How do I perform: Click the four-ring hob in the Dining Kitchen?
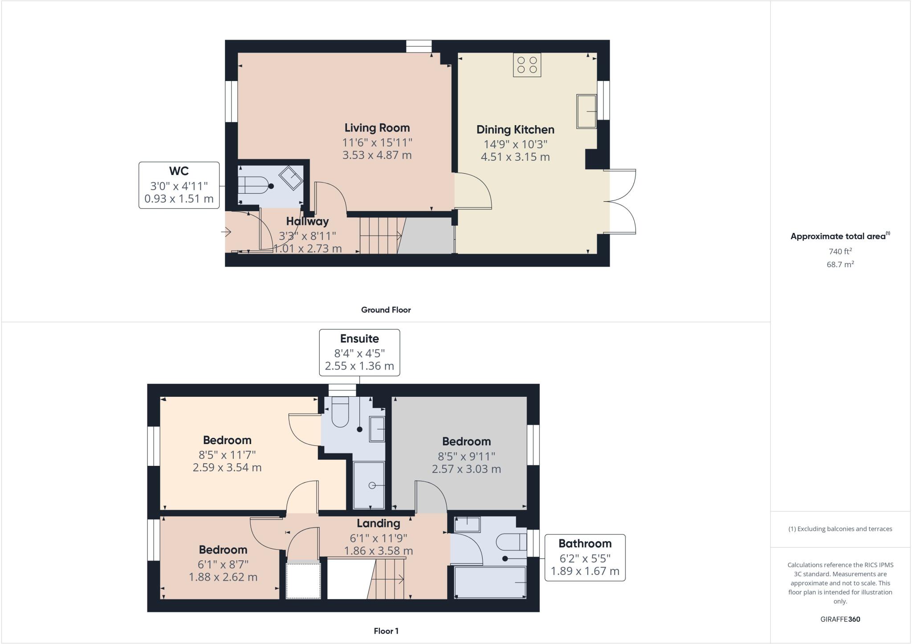[527, 65]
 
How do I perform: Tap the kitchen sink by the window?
[586, 111]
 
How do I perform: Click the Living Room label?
[377, 128]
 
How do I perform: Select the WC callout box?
[179, 185]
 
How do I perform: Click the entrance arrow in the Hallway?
[227, 232]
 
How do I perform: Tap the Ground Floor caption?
[386, 310]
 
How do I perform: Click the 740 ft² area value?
[840, 252]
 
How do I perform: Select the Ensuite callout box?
[359, 352]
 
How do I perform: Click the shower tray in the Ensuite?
[369, 485]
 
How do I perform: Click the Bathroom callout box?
[585, 558]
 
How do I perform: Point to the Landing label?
[378, 523]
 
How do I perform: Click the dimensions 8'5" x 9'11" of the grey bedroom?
[466, 456]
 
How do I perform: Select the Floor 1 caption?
[386, 631]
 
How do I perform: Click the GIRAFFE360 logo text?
[840, 619]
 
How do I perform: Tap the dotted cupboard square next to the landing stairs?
[303, 581]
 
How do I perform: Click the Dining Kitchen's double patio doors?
[621, 201]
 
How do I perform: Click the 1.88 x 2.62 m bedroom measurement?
[223, 577]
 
